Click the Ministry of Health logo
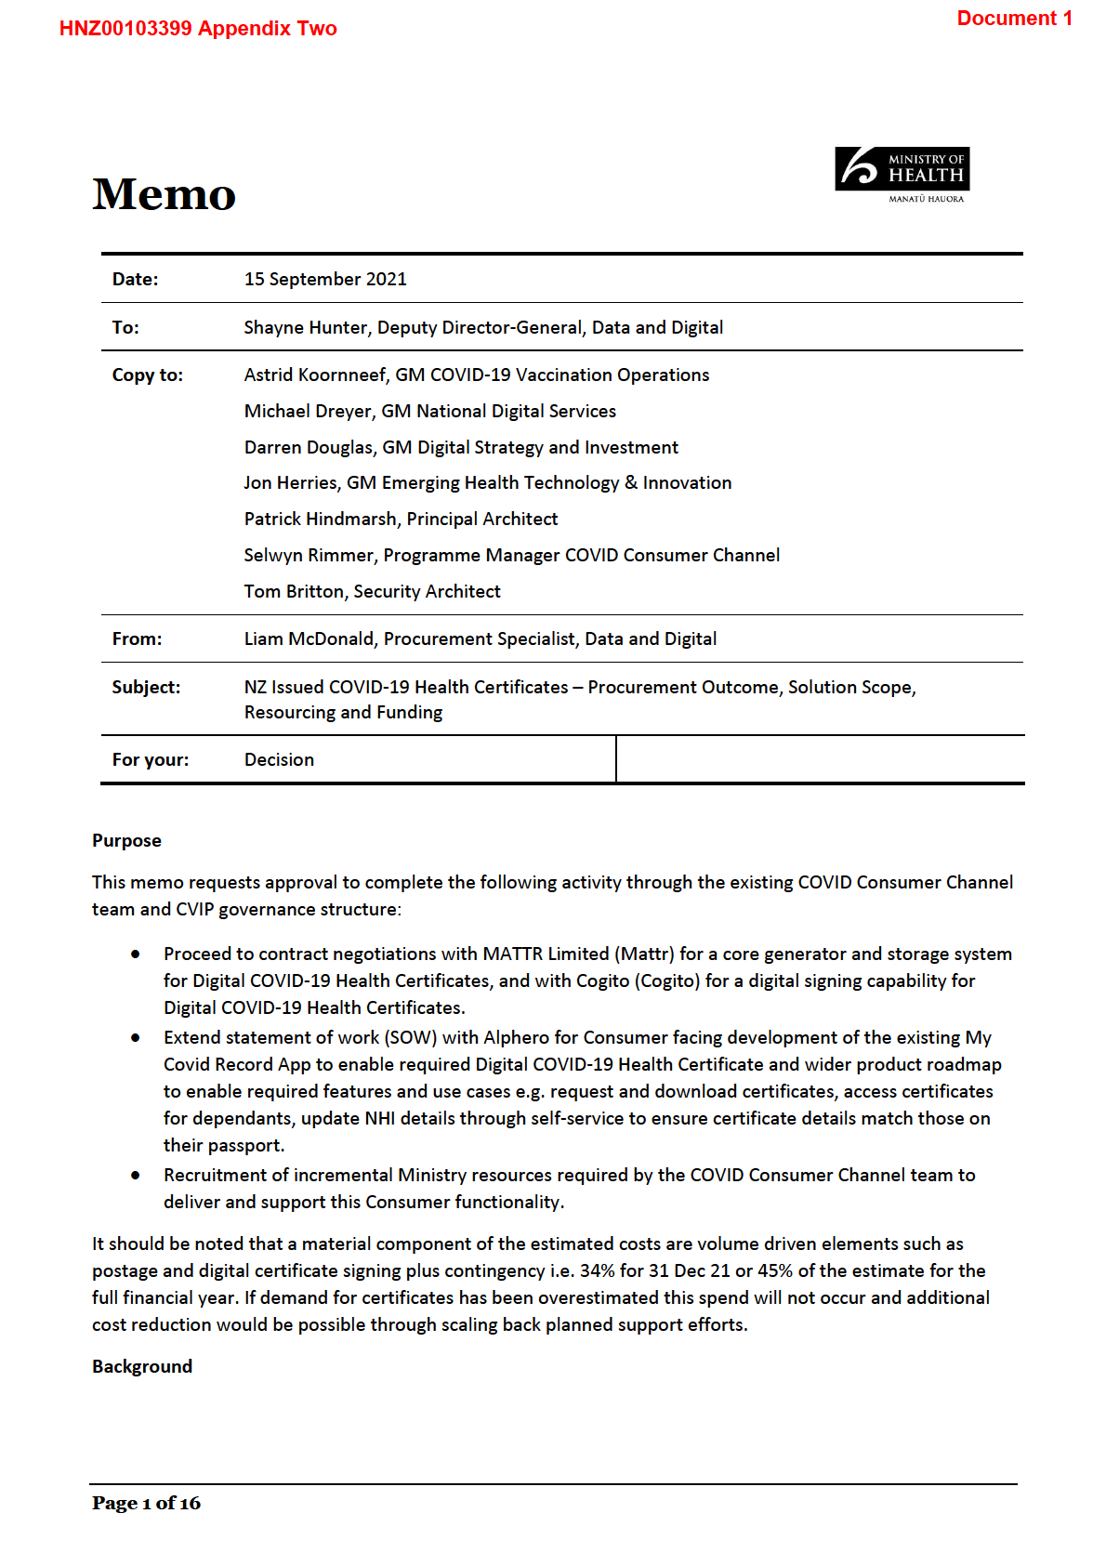(x=902, y=174)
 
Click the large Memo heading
(x=164, y=194)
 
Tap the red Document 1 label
(x=1014, y=19)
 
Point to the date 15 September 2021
(x=325, y=280)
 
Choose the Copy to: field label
(x=148, y=375)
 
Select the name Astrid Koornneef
(x=315, y=375)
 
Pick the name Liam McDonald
(x=309, y=639)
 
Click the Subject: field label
(x=146, y=688)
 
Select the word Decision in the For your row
(x=279, y=760)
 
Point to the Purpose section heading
(x=126, y=841)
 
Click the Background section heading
(x=142, y=1367)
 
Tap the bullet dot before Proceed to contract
(x=136, y=954)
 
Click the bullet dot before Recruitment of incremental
(x=136, y=1176)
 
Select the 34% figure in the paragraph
(x=597, y=1271)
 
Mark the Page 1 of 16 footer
(x=146, y=1504)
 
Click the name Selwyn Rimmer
(x=309, y=556)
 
